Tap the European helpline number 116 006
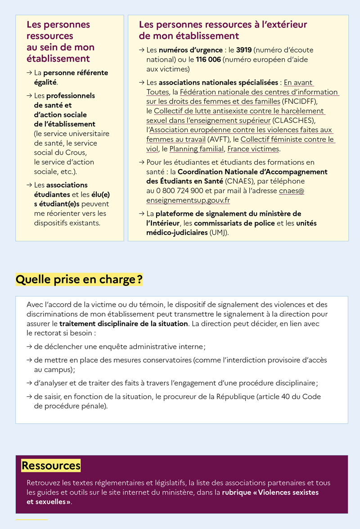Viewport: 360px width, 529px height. (208, 59)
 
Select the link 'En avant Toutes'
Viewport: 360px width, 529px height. (298, 83)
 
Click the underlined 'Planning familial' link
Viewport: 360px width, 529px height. (196, 149)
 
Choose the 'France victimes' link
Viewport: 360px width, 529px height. (253, 149)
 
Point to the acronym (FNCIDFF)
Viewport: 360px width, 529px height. (300, 102)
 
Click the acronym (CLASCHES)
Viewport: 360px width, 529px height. (294, 121)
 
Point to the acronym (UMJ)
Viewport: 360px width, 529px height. (219, 233)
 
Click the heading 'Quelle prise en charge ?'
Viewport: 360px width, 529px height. (79, 280)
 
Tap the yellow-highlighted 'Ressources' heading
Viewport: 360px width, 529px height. (51, 466)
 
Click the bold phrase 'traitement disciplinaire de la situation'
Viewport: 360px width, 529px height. (123, 324)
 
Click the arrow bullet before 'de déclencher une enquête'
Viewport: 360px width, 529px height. (29, 347)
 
